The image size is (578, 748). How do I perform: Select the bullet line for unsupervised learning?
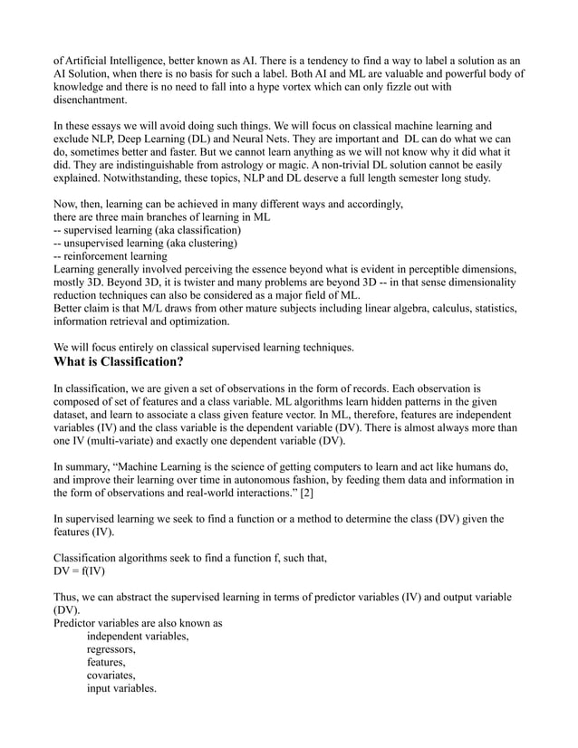[x=146, y=243]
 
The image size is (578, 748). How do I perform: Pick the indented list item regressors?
[x=112, y=649]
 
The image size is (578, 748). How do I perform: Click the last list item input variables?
[x=121, y=690]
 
